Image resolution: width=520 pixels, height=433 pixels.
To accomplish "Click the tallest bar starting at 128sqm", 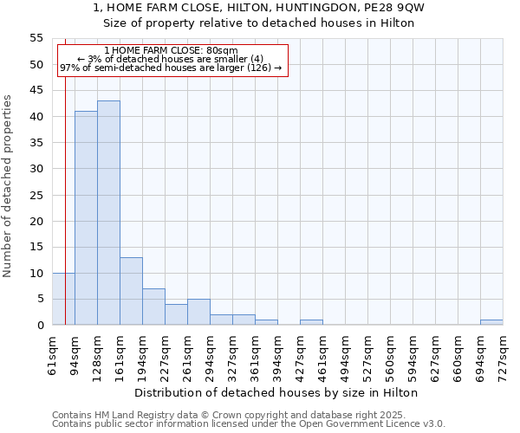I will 108,213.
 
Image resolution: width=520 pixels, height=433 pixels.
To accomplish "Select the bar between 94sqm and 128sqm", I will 86,218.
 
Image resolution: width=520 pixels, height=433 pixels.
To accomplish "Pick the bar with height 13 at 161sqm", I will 131,291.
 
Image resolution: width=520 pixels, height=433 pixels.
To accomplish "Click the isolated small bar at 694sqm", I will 491,322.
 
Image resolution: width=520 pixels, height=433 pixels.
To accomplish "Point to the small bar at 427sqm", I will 311,322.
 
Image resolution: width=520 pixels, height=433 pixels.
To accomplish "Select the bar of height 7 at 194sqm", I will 153,307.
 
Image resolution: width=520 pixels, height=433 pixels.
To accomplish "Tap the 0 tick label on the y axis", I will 39,326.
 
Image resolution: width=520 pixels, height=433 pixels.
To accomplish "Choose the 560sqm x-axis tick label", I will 390,356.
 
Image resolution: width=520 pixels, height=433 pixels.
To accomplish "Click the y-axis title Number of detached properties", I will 8,186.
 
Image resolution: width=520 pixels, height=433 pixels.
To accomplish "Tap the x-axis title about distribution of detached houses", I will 276,392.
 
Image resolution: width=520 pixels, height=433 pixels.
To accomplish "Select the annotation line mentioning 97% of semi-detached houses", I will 171,68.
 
